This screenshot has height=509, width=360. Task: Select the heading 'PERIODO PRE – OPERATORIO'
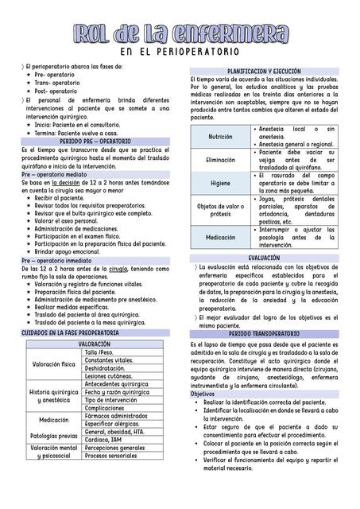coord(95,141)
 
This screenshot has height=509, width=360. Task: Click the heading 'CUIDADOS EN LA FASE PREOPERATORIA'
coord(69,332)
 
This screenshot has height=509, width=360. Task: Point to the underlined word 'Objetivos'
coord(203,394)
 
